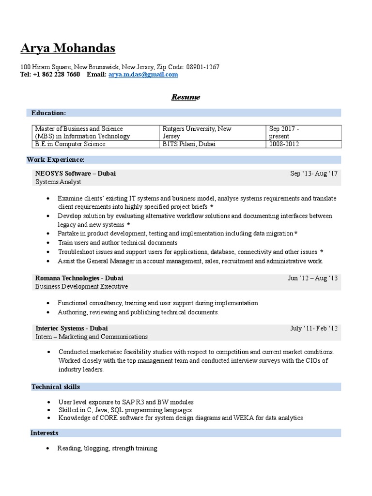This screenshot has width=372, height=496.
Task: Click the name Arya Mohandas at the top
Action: point(68,48)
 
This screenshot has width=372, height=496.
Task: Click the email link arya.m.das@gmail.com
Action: point(143,75)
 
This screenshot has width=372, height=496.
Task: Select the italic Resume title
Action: point(186,97)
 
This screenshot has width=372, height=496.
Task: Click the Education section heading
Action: point(48,113)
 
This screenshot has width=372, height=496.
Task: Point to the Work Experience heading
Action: point(56,160)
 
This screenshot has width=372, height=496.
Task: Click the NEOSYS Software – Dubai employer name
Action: point(75,173)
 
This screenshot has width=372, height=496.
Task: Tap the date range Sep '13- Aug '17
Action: point(313,173)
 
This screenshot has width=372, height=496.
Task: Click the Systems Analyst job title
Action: point(58,182)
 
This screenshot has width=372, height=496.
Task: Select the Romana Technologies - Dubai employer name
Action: point(79,278)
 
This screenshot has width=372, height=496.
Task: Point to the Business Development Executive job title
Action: point(81,286)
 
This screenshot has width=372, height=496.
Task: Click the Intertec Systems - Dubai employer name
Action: point(71,328)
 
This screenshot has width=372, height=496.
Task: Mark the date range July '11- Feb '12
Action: point(313,328)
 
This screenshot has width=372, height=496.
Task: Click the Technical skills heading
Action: point(56,387)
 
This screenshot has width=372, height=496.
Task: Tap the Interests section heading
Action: point(44,433)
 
